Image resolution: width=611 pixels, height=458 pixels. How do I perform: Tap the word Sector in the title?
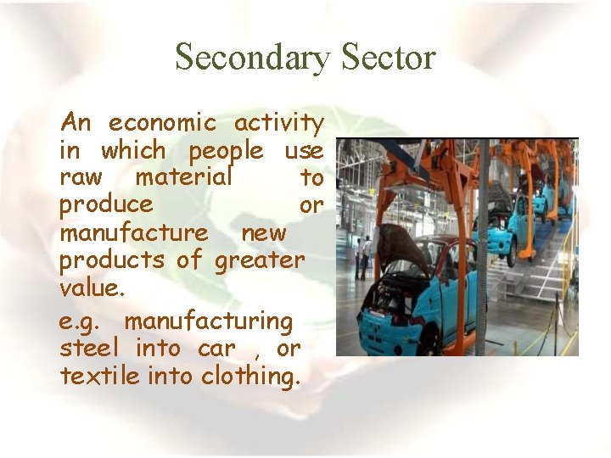coord(389,58)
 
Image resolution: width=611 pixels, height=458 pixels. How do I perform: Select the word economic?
coord(162,123)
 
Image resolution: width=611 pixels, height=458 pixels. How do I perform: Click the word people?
coord(226,152)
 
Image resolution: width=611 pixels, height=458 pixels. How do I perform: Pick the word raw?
coord(81,178)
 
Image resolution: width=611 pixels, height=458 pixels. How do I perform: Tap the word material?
coord(183,178)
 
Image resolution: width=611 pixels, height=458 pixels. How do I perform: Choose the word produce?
coord(106,206)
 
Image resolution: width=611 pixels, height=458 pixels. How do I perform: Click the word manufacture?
coord(133,232)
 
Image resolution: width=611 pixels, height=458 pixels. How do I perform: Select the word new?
coord(264,232)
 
